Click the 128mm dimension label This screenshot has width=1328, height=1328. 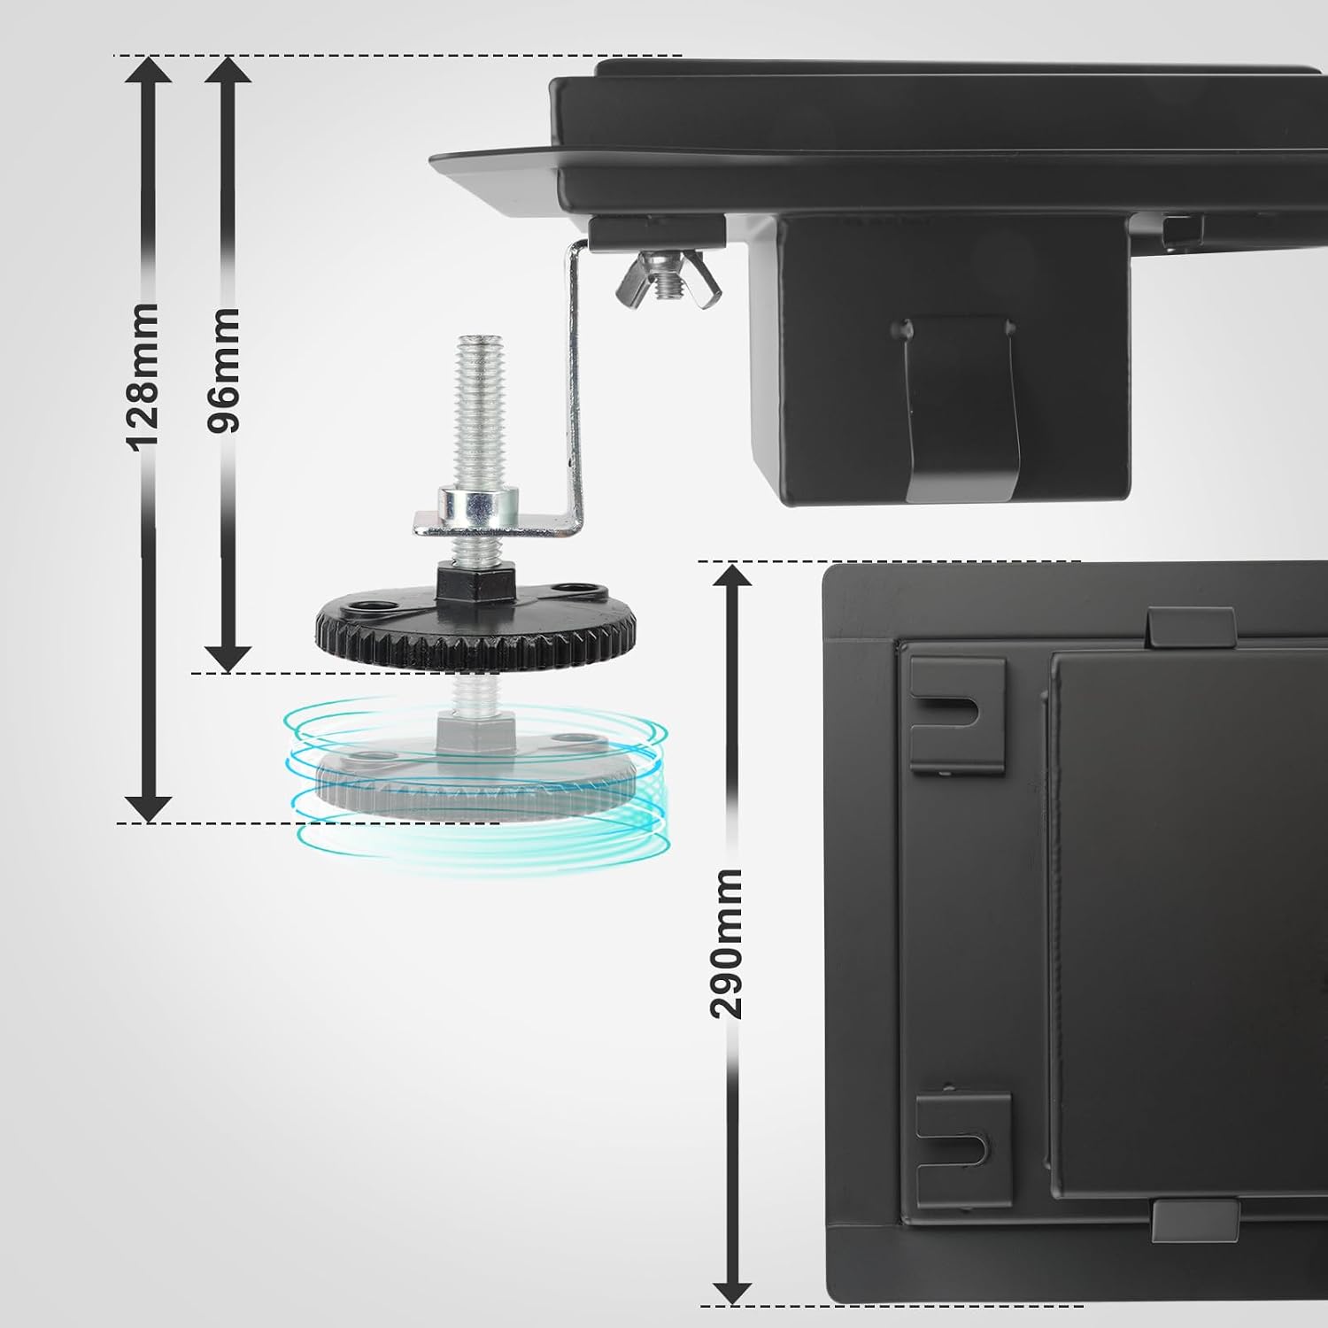[143, 375]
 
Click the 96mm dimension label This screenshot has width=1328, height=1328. [222, 369]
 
